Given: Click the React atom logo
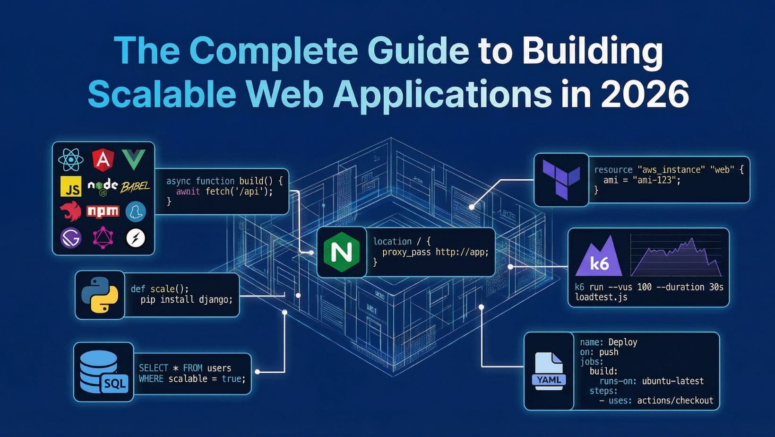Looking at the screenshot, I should [71, 160].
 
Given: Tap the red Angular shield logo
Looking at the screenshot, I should [103, 160].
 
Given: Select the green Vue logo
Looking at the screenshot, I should [134, 159].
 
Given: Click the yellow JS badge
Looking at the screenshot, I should [71, 187].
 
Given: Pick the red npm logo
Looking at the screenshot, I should [103, 211].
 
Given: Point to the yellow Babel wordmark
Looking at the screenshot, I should [135, 187].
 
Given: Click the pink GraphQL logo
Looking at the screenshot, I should [103, 237].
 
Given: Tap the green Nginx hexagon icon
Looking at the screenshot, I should [342, 252].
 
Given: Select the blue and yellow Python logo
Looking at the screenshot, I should [100, 295].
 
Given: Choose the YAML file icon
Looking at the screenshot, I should [549, 371].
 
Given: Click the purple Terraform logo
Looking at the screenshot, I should [561, 179].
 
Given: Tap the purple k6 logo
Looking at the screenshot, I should [599, 258].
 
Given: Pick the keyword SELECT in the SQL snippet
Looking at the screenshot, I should [154, 368].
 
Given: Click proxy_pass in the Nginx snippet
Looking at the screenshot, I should [406, 252].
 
